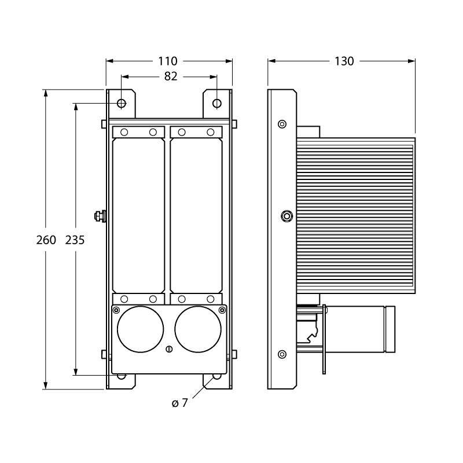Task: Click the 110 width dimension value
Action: coord(168,61)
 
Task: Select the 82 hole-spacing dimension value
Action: coord(171,76)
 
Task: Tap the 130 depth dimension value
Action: coord(344,61)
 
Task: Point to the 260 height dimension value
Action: coord(46,240)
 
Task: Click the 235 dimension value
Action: coord(75,240)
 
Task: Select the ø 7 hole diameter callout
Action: coord(180,403)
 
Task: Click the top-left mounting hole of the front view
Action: coord(122,104)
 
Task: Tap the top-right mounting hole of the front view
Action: coord(217,104)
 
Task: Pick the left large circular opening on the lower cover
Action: coord(140,329)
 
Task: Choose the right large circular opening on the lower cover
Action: coord(198,329)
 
